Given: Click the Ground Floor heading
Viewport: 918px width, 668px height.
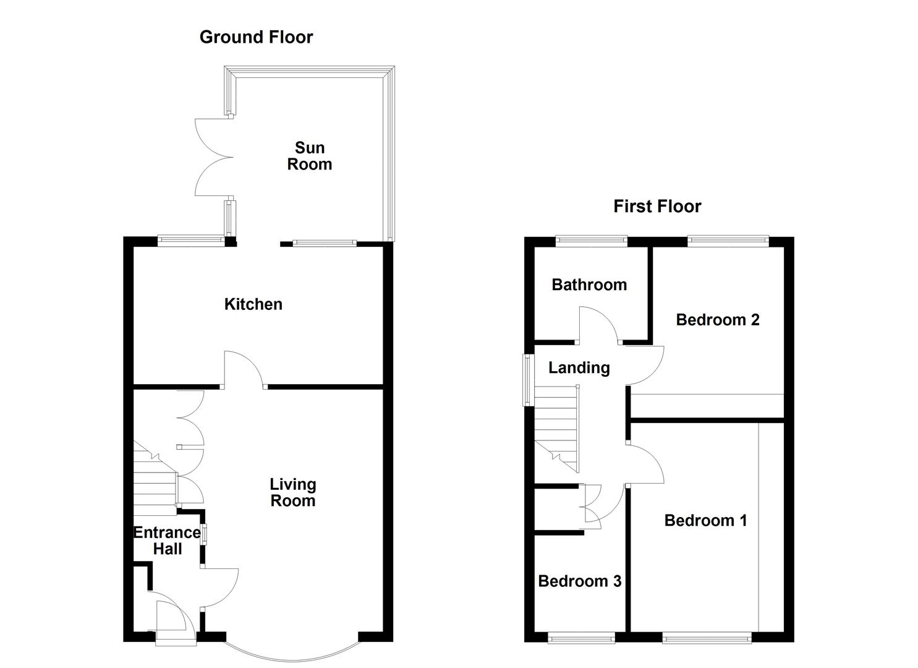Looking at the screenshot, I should click(256, 37).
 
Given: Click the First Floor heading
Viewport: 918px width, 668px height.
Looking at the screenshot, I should click(657, 207).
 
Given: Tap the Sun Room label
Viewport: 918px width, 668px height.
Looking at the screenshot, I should click(309, 156).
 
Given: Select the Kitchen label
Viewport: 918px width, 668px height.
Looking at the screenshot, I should click(253, 304).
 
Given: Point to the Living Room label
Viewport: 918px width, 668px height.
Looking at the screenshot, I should click(292, 493).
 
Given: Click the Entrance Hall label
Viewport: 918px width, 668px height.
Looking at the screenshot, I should click(167, 541).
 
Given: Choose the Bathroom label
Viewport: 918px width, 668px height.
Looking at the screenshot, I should click(589, 285).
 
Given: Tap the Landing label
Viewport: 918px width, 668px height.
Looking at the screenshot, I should click(579, 368).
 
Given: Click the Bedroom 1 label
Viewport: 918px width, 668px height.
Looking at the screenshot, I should click(705, 520).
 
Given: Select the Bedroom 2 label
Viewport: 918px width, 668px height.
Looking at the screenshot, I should click(717, 320).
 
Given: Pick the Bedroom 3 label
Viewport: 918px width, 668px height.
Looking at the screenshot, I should click(579, 581).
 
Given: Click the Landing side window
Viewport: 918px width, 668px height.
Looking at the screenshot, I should click(527, 380).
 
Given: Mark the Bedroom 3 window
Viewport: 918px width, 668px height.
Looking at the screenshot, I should click(581, 638).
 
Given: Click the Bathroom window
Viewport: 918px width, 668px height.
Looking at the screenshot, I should click(592, 241).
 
